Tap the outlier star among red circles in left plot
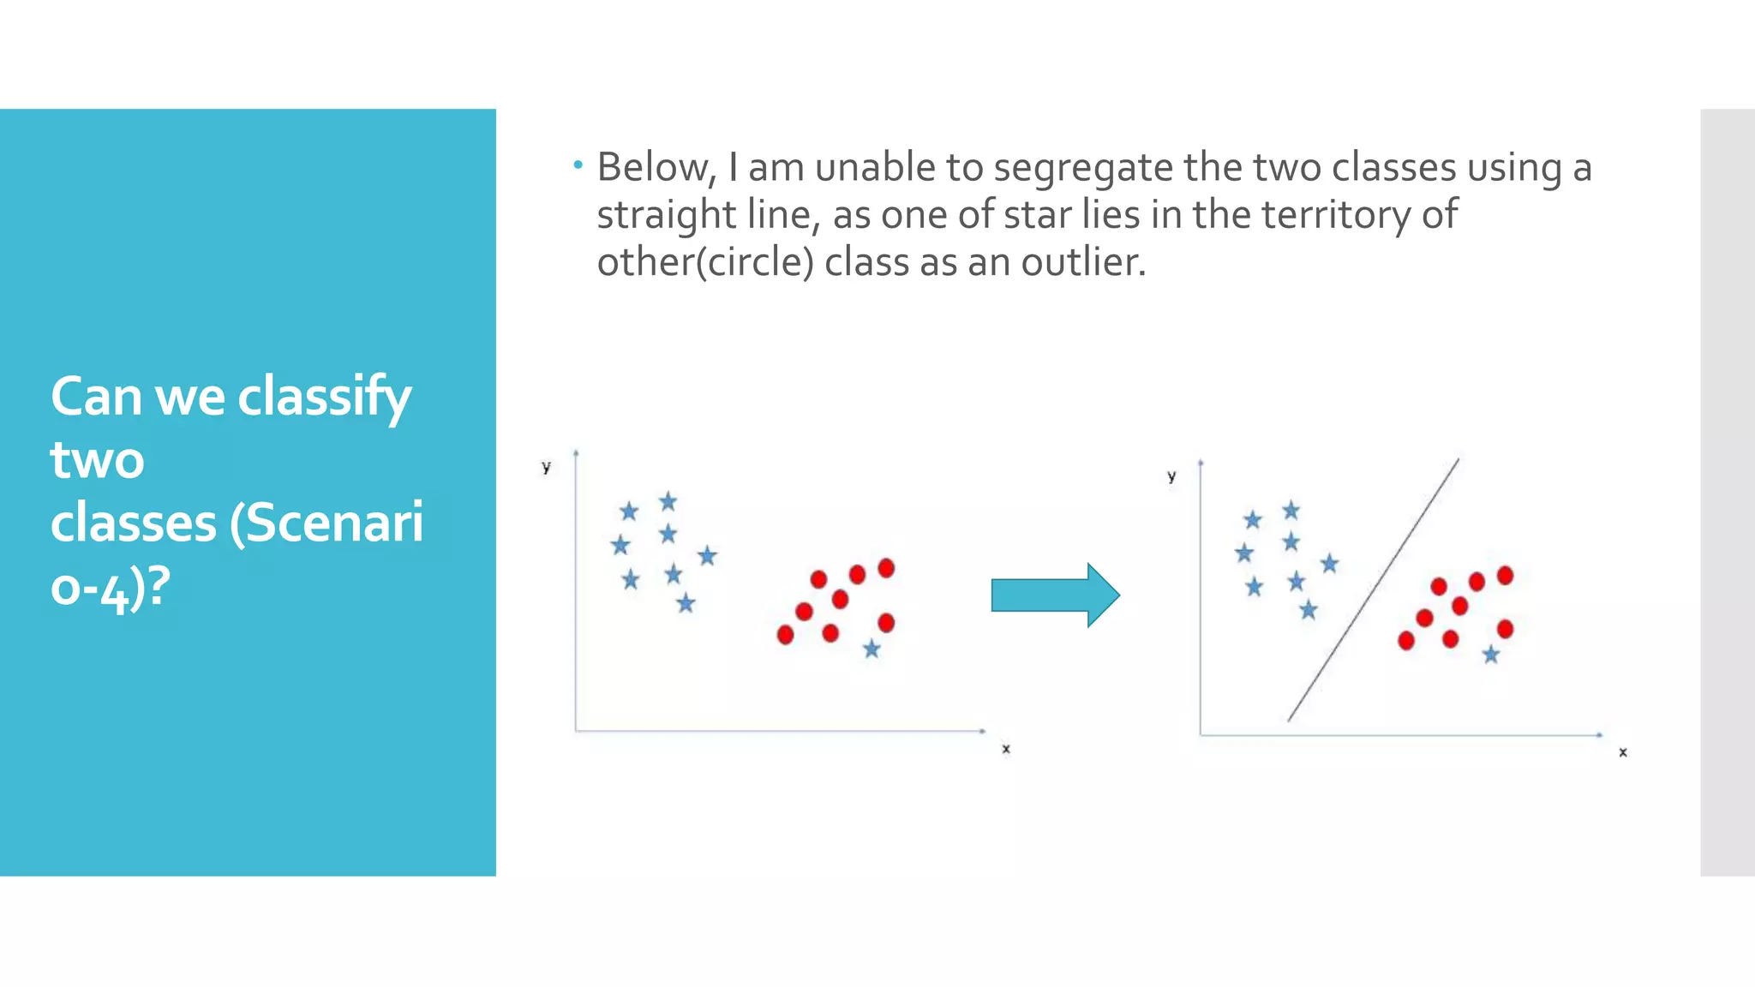pyautogui.click(x=872, y=649)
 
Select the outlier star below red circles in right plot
pyautogui.click(x=1491, y=655)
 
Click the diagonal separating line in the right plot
pyautogui.click(x=1373, y=590)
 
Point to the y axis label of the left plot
pyautogui.click(x=546, y=467)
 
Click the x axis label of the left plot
pyautogui.click(x=1006, y=749)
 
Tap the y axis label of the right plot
pyautogui.click(x=1171, y=476)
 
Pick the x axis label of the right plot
pyautogui.click(x=1622, y=752)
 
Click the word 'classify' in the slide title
pyautogui.click(x=325, y=398)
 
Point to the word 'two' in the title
pyautogui.click(x=97, y=460)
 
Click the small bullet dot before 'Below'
pyautogui.click(x=578, y=163)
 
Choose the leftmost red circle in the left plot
pyautogui.click(x=785, y=635)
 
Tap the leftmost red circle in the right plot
pyautogui.click(x=1406, y=640)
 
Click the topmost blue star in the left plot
pyautogui.click(x=668, y=501)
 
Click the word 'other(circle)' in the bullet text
pyautogui.click(x=704, y=262)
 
